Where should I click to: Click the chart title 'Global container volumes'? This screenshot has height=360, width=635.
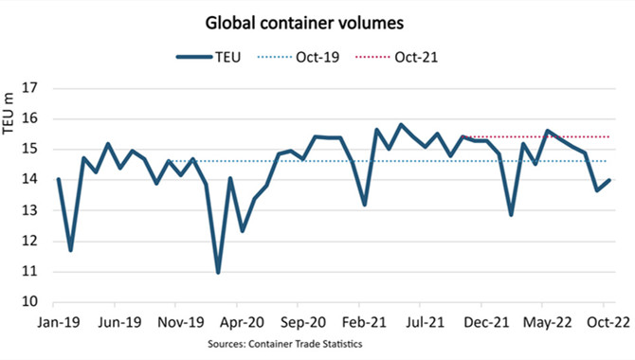click(x=304, y=23)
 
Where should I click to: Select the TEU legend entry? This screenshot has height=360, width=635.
click(x=209, y=57)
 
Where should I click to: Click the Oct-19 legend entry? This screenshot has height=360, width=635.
click(x=298, y=57)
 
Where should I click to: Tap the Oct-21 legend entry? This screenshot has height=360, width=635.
click(x=396, y=57)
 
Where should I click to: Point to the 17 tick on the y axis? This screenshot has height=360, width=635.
click(x=29, y=88)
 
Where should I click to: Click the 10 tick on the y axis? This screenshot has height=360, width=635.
click(x=29, y=301)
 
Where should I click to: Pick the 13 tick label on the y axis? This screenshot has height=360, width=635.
click(x=29, y=210)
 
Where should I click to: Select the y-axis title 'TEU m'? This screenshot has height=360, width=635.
click(x=9, y=114)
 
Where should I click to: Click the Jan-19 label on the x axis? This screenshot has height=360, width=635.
click(x=59, y=323)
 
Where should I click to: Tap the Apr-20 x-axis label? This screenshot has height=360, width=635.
click(x=243, y=323)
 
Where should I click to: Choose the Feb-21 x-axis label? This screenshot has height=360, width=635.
click(x=365, y=323)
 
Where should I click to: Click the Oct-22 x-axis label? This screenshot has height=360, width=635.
click(x=608, y=323)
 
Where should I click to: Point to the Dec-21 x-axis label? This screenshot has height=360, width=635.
click(x=486, y=323)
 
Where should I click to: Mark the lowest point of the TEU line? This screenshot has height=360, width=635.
click(x=218, y=273)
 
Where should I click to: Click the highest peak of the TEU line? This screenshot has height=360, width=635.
click(x=401, y=124)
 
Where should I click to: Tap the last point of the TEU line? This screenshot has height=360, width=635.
click(x=608, y=181)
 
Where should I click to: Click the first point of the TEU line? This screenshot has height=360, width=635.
click(x=59, y=179)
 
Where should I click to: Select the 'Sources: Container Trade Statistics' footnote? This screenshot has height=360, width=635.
click(x=285, y=344)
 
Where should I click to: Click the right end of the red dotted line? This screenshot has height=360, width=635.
click(x=608, y=136)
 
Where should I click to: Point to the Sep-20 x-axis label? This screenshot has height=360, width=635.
click(x=303, y=323)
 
